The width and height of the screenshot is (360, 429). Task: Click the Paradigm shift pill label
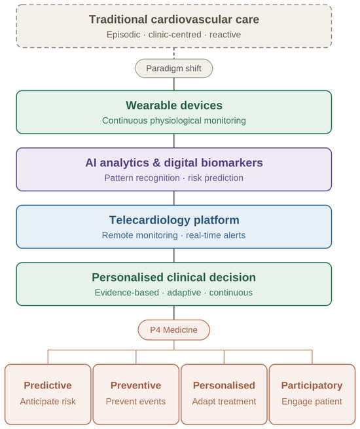(173, 68)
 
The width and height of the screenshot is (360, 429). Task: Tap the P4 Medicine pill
(174, 330)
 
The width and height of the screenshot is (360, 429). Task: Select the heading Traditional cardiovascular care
(174, 20)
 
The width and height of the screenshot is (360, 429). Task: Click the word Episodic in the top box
(123, 35)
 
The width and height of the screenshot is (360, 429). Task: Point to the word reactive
(225, 35)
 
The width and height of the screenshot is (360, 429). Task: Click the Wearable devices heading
(174, 105)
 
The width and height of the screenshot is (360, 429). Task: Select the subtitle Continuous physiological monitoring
(174, 121)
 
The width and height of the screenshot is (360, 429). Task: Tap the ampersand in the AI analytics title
(156, 163)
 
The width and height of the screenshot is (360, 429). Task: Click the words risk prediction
(215, 178)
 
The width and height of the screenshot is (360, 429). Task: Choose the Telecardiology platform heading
(174, 220)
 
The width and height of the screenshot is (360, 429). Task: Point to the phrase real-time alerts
(215, 235)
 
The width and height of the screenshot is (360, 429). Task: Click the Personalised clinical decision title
(174, 278)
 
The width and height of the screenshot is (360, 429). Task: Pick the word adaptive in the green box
(184, 293)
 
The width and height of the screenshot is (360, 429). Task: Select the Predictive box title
(48, 386)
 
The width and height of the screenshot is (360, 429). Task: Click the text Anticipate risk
(48, 401)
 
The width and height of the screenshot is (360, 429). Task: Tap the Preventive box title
(136, 386)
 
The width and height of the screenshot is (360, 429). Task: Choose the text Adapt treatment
(224, 401)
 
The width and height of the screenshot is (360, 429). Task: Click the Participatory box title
(312, 386)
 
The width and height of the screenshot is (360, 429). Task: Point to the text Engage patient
(312, 401)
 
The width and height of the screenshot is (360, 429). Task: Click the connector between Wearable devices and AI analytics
(174, 141)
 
